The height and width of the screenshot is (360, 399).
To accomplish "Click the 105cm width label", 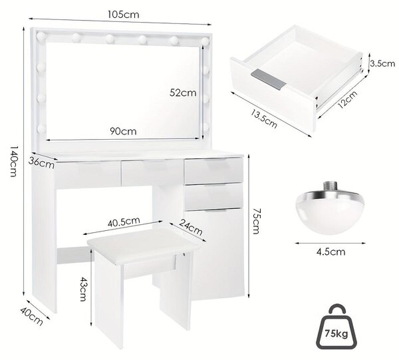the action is (124, 15).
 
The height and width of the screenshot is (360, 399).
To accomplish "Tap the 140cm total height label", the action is (13, 161).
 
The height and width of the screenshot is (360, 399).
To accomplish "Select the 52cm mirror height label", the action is (183, 92).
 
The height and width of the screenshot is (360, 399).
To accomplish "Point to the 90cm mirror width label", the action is (123, 131).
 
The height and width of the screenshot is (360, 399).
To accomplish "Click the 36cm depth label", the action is (41, 163).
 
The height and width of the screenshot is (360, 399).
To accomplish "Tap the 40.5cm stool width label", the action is (124, 222).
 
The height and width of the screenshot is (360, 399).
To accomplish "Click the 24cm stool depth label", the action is (191, 227).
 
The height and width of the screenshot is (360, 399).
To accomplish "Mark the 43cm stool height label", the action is (82, 289).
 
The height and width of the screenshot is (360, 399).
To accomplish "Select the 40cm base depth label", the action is (31, 316).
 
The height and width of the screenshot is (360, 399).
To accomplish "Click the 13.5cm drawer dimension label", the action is (263, 118).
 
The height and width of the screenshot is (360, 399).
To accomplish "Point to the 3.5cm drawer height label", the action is (382, 63).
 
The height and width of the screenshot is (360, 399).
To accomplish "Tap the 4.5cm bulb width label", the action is (331, 252).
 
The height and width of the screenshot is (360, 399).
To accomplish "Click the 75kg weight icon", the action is (336, 327).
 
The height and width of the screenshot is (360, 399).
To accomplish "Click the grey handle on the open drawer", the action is (268, 79).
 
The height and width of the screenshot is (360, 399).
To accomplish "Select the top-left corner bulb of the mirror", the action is (41, 37).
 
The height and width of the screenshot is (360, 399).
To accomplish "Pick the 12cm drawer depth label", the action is (348, 99).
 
